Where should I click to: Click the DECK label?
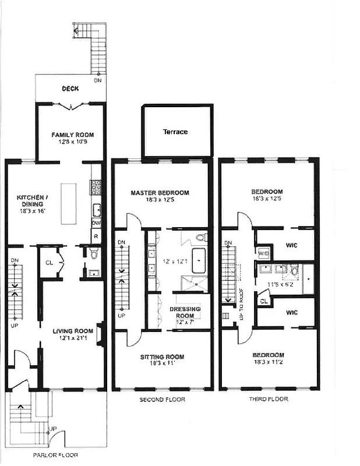coord(71,89)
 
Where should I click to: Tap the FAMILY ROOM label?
coord(72,135)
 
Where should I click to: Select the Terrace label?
coord(175,132)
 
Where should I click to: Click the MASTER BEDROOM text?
coord(160,192)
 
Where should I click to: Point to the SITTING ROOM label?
coord(162,356)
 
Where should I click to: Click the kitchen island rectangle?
coord(69,204)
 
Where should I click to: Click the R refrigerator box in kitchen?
coord(96,236)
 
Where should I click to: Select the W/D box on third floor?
coord(263,253)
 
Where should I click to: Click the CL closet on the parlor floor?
coord(50,262)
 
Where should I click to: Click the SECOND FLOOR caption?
coord(162,400)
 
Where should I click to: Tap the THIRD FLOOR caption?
coord(269,400)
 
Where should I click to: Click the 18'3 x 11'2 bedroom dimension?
coord(268,362)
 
